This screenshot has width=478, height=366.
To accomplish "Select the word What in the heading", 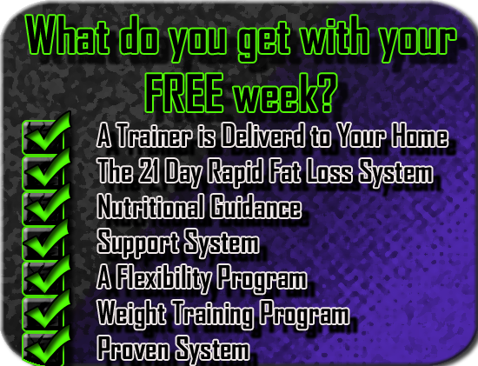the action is [68, 35].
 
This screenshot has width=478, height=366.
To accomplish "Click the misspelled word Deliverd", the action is [262, 136].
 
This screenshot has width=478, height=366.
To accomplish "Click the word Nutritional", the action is [150, 206].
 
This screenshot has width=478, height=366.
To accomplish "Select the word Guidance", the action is [256, 206].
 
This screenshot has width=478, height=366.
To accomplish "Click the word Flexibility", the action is [163, 277].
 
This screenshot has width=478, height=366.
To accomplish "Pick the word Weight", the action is [131, 313].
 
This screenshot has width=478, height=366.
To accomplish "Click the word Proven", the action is [133, 348].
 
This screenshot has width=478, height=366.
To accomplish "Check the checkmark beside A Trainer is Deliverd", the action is [46, 132].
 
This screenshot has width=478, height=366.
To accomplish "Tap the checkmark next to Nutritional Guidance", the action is [46, 203].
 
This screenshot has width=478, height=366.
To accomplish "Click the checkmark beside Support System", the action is [46, 238].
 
